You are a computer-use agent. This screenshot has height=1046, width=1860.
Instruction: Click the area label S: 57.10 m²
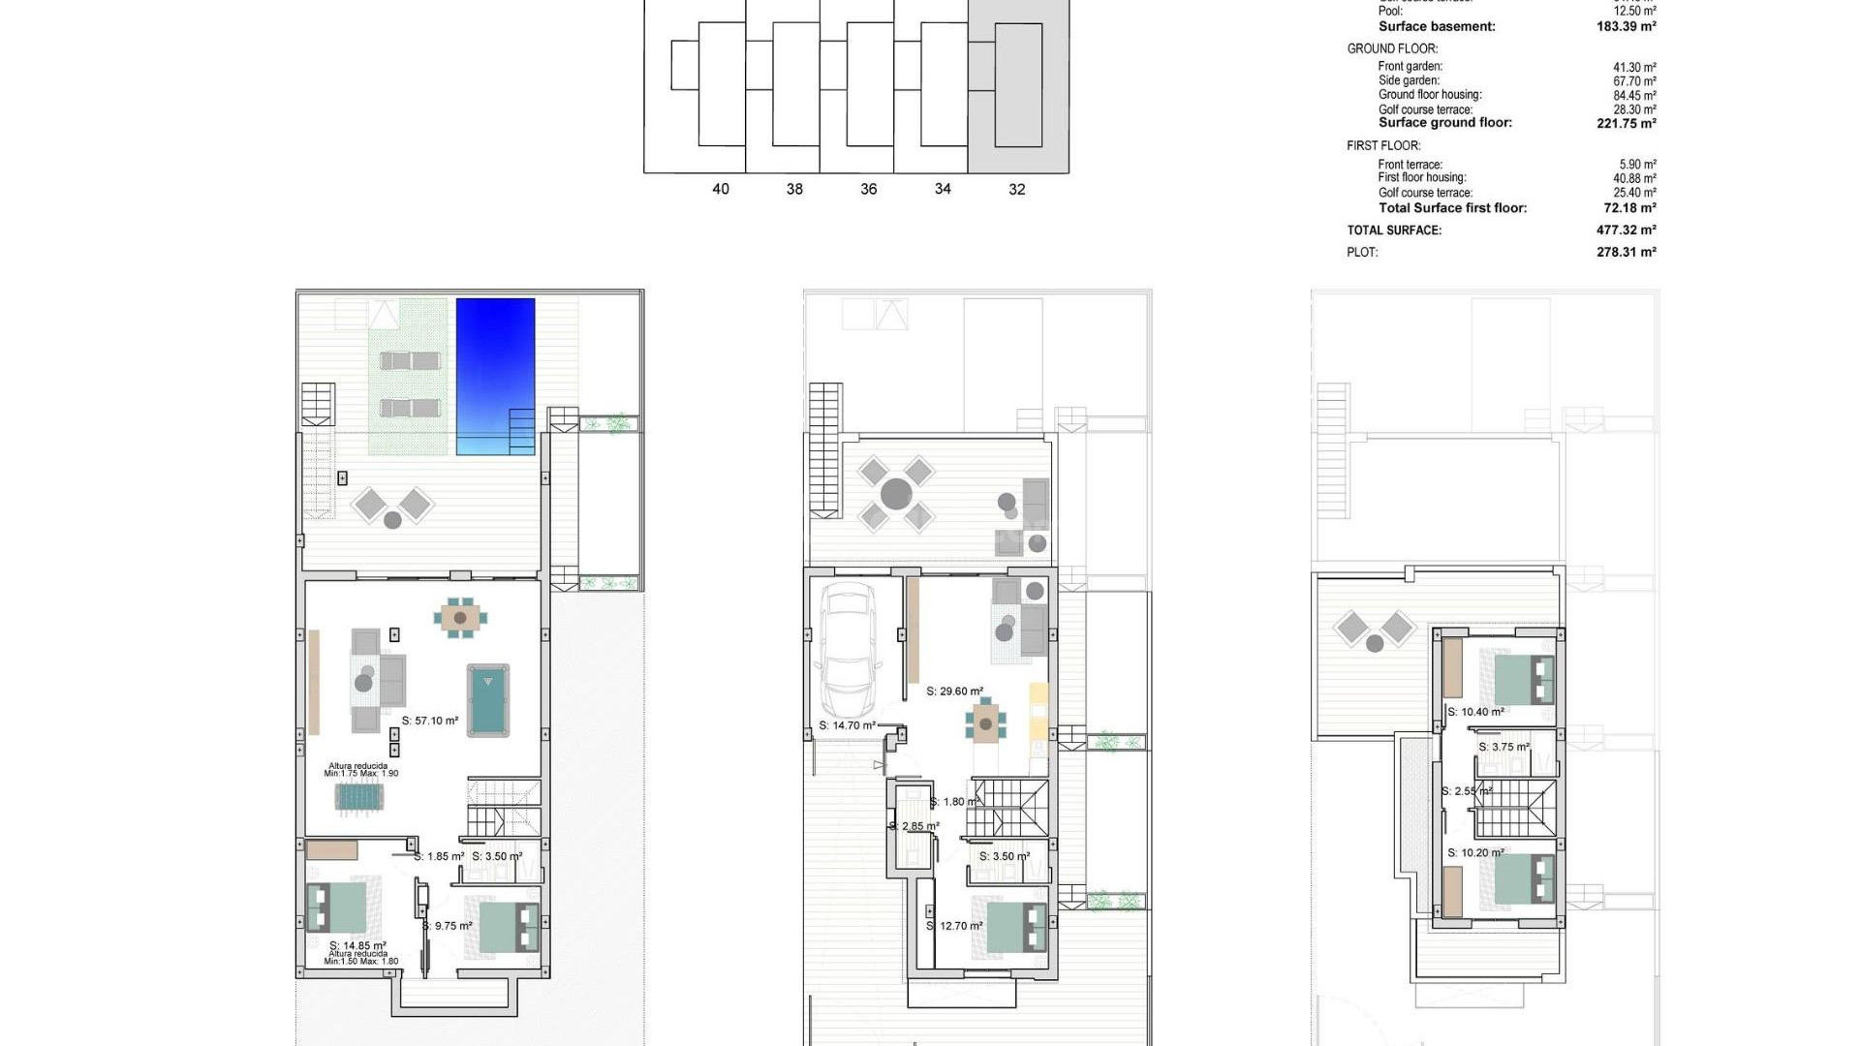430,721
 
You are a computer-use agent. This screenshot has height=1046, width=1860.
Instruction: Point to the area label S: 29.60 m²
954,692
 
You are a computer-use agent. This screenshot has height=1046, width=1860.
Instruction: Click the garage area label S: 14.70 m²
847,725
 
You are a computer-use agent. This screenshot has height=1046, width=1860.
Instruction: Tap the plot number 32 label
1016,189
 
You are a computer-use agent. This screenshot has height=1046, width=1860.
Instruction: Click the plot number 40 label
720,189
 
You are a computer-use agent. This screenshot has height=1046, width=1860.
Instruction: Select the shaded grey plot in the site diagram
1018,87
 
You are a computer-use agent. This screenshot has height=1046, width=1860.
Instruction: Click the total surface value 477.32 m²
1626,231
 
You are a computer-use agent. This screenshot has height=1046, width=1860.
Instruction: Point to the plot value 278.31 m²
1626,252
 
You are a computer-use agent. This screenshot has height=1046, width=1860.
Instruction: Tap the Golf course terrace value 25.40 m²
1634,193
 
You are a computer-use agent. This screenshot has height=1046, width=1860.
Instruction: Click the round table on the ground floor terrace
896,494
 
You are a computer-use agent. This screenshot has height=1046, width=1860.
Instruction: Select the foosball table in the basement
359,796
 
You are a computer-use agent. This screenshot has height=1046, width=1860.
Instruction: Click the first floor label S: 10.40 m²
1475,712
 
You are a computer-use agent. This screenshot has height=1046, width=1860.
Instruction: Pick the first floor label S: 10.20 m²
1475,853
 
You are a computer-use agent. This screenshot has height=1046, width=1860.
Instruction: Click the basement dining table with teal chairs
460,617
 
